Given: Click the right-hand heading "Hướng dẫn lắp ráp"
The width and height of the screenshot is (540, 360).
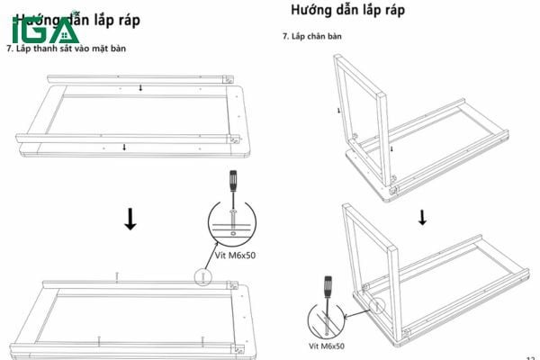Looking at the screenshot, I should pos(347,11).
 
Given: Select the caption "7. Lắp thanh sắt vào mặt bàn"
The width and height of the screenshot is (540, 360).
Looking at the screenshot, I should pos(67,48).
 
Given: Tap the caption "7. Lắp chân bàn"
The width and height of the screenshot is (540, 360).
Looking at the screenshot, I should pos(310,36).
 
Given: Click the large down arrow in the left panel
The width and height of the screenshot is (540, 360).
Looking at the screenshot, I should pos(130,219).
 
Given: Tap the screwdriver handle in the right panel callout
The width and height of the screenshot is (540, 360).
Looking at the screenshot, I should pos(328,285).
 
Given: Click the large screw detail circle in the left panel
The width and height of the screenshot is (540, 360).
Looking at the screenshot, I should pos(232,220).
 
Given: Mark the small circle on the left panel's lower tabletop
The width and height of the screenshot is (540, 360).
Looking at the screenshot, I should pos(203,277).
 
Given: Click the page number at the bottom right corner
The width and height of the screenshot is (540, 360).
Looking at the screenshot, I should pos(532,355).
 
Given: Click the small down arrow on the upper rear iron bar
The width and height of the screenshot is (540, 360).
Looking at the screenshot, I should pos(140,88).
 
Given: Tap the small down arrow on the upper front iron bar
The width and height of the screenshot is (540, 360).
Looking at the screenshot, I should pos(125,146).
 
